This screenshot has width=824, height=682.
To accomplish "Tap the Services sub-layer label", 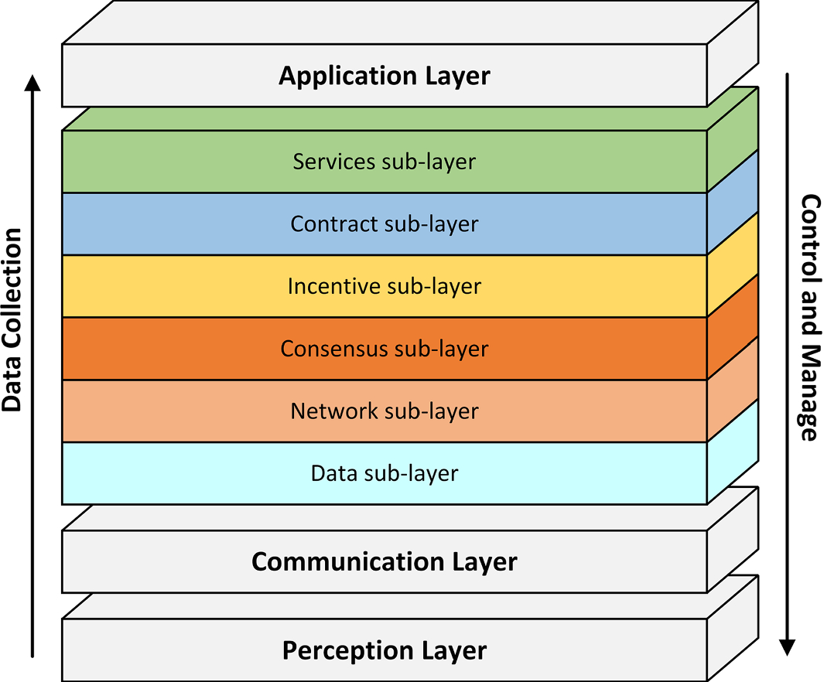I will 384,162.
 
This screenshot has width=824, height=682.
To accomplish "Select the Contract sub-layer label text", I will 384,224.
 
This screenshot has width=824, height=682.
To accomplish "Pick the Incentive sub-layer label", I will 384,286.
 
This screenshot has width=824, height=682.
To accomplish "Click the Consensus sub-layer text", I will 384,349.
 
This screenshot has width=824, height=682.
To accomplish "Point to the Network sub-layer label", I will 384,411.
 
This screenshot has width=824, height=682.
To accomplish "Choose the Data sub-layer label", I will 384,472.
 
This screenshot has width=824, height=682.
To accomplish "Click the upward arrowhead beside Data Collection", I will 32,83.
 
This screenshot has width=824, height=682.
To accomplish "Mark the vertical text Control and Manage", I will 809,317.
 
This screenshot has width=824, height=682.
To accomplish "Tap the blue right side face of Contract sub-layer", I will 732,203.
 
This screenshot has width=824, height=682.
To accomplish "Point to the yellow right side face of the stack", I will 732,265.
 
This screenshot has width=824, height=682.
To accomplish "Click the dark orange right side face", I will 732,327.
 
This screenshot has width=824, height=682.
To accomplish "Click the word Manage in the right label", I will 809,394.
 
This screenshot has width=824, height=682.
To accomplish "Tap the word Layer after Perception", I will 456,650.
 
